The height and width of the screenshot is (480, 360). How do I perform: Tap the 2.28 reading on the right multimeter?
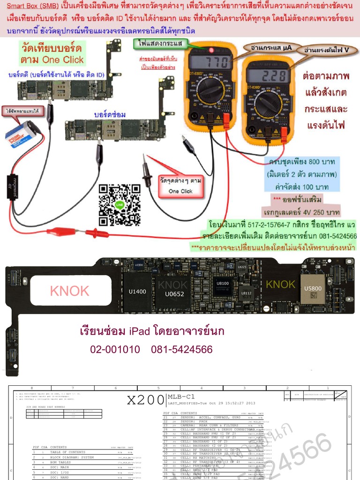click(x=268, y=76)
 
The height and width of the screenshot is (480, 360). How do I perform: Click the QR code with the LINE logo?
click(x=120, y=205)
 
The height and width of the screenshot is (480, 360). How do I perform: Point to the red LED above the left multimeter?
click(x=211, y=50)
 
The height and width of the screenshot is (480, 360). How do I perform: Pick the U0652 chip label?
click(x=174, y=294)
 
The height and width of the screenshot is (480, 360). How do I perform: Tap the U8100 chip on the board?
click(x=222, y=284)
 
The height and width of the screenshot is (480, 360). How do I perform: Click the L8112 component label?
click(x=246, y=293)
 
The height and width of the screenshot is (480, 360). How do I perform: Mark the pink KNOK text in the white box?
click(x=69, y=291)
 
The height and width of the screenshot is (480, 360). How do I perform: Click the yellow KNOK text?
click(x=280, y=285)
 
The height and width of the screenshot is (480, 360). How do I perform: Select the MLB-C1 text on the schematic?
click(x=181, y=397)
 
